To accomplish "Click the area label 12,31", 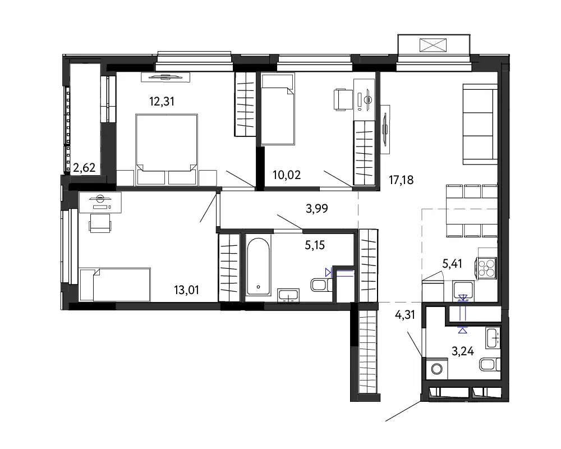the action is (162, 102).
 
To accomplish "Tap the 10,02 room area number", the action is (287, 175).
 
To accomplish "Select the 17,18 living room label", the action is (401, 180).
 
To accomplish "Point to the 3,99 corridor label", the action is (316, 208).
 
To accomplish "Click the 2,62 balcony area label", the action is (84, 168).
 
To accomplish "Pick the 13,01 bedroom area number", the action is (186, 290).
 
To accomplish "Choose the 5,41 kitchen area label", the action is (452, 264).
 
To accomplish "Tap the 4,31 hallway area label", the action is (404, 315).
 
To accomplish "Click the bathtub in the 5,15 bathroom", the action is (258, 267).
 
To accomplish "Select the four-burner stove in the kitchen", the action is (486, 268).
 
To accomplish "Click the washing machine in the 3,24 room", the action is (436, 368).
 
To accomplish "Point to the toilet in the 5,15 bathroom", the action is (321, 285).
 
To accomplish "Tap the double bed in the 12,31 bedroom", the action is (167, 150).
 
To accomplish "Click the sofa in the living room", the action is (480, 124).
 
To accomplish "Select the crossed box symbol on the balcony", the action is (433, 45).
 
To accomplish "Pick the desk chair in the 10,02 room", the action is (342, 99).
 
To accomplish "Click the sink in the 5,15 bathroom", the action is (288, 296).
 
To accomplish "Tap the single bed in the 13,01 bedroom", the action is (115, 285).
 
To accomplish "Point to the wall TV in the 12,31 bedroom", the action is (165, 77).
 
